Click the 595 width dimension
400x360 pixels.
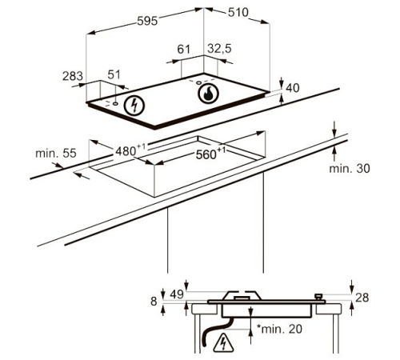tap(147, 21)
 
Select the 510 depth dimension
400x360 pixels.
tap(238, 12)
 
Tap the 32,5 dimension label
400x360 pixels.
tap(220, 49)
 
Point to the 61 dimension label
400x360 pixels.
tap(184, 50)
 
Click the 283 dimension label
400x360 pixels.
tap(73, 76)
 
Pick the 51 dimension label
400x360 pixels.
tap(114, 74)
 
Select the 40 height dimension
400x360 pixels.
tap(293, 88)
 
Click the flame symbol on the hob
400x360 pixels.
tap(208, 94)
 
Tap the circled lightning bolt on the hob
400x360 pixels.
tap(134, 106)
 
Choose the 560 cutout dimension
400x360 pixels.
tap(210, 154)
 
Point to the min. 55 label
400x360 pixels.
tap(56, 154)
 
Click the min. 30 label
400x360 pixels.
tap(350, 169)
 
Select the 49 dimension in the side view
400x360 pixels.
tap(177, 294)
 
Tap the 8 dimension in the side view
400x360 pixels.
tap(154, 302)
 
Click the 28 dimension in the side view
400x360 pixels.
tap(362, 298)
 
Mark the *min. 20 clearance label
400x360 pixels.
tap(279, 329)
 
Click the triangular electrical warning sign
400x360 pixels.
tap(223, 343)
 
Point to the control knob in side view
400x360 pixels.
tap(318, 297)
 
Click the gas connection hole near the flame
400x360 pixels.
tap(198, 82)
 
